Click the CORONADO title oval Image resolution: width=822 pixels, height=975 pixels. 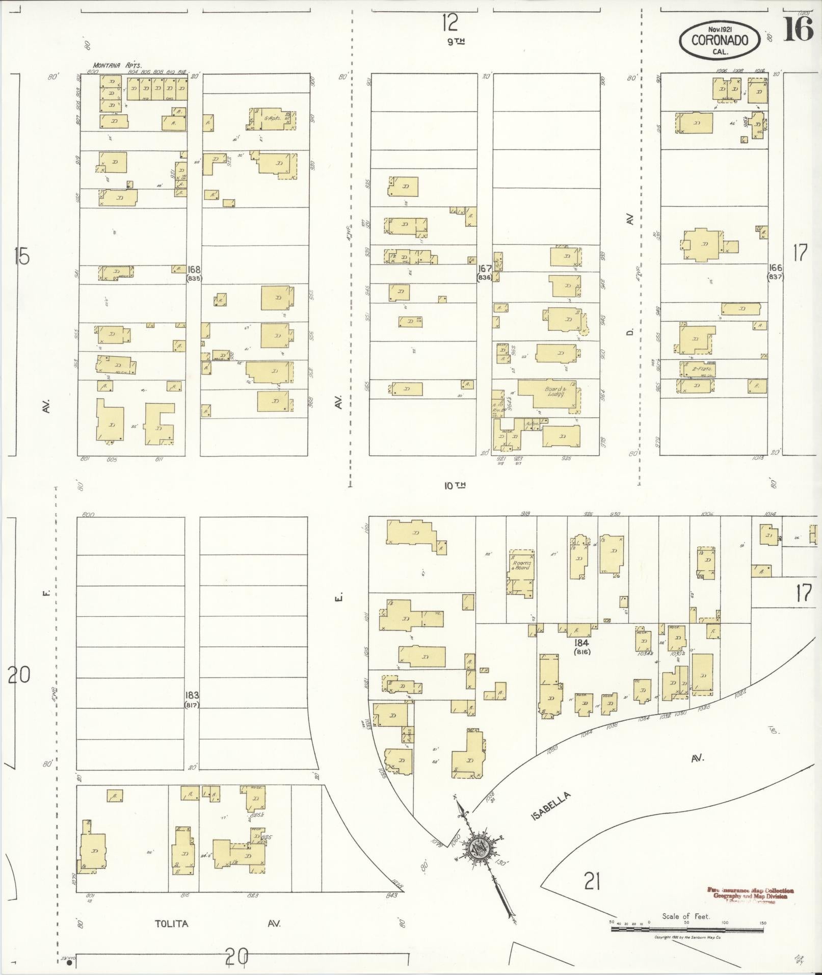[x=720, y=40]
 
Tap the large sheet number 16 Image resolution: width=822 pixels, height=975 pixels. [x=798, y=30]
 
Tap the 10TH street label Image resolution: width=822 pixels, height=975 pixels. [x=455, y=486]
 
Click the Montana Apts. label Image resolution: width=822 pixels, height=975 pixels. [x=117, y=65]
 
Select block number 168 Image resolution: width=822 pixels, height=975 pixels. [x=194, y=269]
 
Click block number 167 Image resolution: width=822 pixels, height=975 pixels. [x=484, y=268]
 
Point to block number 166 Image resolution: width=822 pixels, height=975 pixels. [x=776, y=268]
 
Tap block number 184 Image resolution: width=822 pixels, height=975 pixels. [x=581, y=642]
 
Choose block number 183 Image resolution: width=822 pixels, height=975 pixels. [x=192, y=694]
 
